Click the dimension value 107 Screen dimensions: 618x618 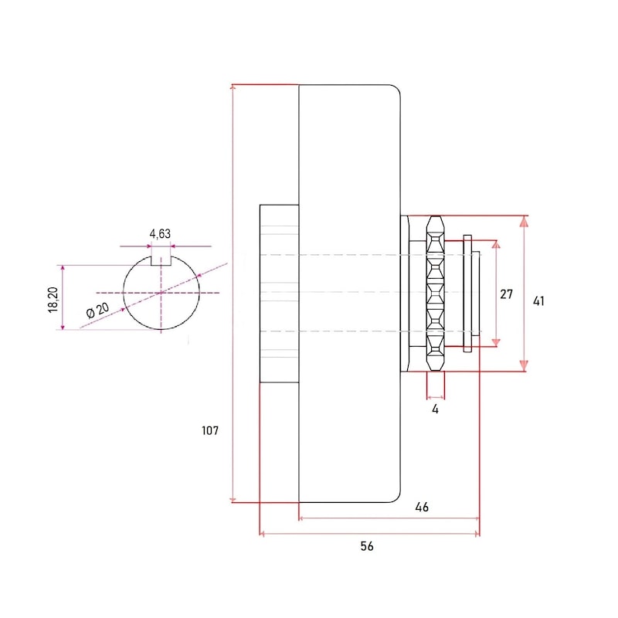(x=209, y=430)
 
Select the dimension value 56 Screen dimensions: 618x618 (x=366, y=546)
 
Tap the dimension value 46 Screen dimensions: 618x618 (x=422, y=507)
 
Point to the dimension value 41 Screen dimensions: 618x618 (x=538, y=301)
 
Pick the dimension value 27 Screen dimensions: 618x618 (x=506, y=294)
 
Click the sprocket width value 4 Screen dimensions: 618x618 (x=435, y=409)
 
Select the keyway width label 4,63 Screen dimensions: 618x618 (x=160, y=234)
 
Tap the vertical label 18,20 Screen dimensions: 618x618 (x=53, y=300)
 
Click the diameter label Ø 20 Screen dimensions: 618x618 (x=98, y=310)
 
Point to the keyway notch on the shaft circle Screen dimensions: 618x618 (x=161, y=260)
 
